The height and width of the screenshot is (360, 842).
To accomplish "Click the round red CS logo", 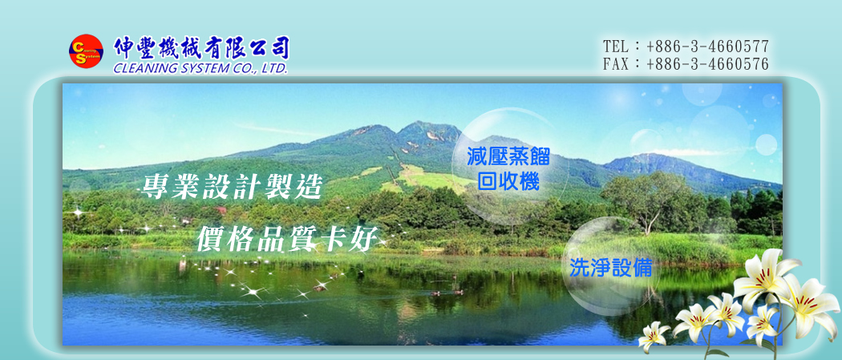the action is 86,51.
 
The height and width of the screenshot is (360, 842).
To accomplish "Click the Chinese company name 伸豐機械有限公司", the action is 201,48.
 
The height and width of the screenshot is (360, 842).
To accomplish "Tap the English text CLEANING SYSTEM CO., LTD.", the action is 200,69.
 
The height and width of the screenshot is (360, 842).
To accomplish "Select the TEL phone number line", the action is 686,47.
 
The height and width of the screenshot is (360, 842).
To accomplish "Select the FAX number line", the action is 686,64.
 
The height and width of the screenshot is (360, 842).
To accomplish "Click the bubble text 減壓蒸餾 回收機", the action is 508,169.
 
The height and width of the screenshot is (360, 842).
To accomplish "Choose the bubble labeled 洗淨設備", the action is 610,267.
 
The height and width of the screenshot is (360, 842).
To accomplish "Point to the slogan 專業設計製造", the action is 232,187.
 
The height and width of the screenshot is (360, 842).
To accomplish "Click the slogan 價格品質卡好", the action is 287,238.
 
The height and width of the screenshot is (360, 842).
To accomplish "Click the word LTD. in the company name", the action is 274,69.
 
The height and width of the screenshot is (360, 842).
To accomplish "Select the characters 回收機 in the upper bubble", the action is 508,182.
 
